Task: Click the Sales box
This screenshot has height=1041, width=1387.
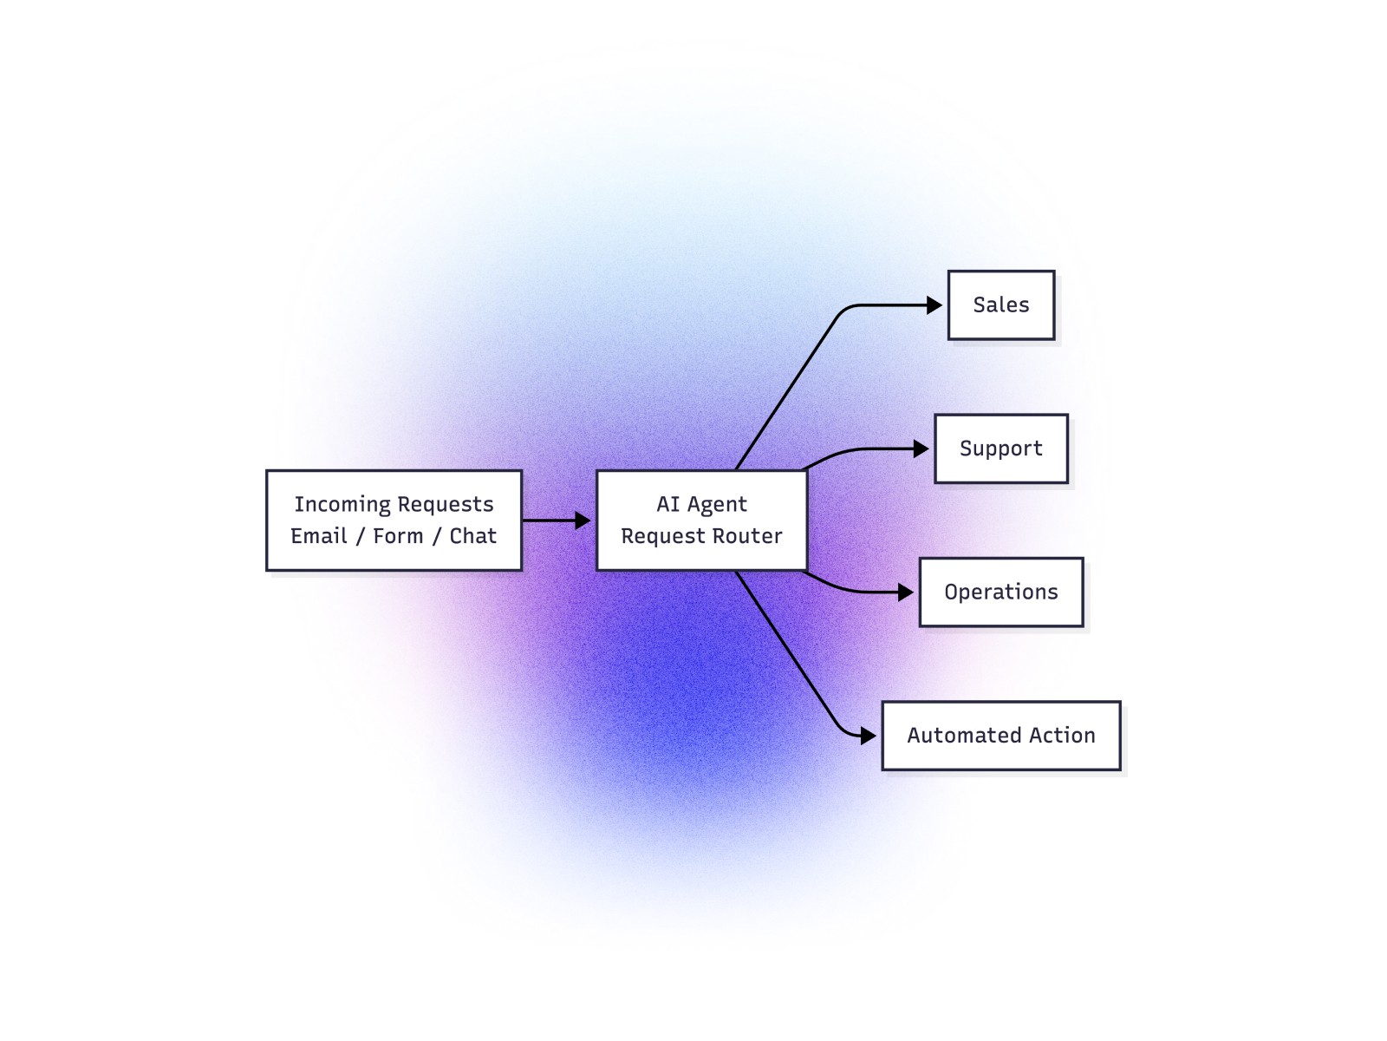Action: coord(1001,305)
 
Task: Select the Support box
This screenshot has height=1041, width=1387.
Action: coord(1001,448)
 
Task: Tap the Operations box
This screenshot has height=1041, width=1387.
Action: coord(1001,593)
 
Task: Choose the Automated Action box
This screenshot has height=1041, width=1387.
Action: coord(1001,736)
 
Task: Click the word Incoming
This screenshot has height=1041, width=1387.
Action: coord(342,505)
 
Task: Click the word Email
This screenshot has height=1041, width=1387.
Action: coord(318,536)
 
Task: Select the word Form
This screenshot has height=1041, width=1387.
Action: coord(398,536)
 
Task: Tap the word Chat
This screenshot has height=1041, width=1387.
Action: coord(472,536)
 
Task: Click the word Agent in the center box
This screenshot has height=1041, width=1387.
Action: coord(717,505)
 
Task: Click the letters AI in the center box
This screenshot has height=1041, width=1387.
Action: coord(667,504)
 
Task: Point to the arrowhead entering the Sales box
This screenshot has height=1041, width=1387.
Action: coord(934,305)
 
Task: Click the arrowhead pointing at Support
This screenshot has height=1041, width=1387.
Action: coord(921,448)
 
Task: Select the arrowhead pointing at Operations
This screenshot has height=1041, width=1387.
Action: coord(906,593)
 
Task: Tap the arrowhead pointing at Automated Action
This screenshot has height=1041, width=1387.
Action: coord(869,736)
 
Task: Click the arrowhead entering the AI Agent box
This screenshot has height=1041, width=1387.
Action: coord(583,520)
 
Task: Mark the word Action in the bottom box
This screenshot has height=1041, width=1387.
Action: coord(1063,736)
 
